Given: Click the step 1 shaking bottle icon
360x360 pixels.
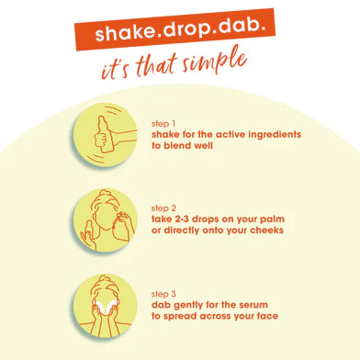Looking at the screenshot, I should pyautogui.click(x=106, y=140).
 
